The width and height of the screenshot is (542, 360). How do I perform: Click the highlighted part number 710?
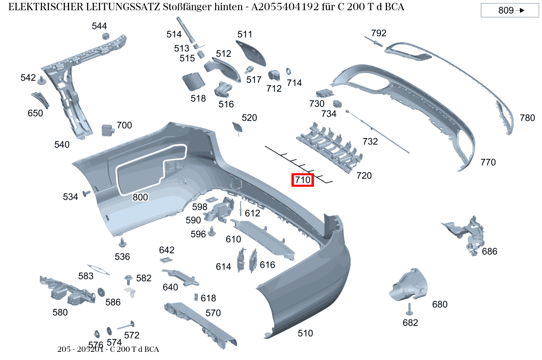pos(302,179)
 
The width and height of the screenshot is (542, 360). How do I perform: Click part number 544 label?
pos(99,26)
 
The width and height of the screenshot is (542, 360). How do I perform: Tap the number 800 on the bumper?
pos(140,197)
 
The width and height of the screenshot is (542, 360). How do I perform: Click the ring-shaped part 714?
pos(288,71)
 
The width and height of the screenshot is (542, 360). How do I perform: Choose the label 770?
pos(488,162)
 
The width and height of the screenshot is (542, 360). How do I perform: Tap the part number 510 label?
pos(305,333)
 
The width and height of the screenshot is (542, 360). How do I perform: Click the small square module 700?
pos(107,130)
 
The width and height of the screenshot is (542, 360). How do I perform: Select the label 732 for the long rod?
pos(370,141)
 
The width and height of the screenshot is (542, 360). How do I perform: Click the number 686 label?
pos(490,251)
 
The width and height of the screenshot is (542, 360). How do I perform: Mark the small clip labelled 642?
pos(166,259)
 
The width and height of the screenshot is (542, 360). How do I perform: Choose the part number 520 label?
pos(249,118)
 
